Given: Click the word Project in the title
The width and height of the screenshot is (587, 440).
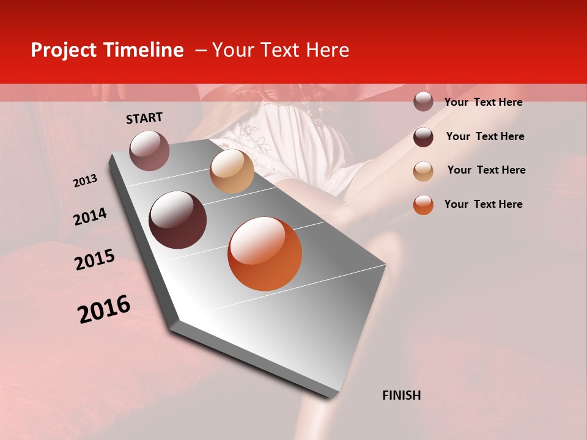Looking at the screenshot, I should [64, 50].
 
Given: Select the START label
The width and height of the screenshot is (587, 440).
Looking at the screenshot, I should [144, 118].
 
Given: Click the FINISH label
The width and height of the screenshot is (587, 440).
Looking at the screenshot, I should [402, 395].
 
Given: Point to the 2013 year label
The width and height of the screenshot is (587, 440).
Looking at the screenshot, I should [86, 181].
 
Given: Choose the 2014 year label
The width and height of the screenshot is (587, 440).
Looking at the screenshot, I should [90, 216].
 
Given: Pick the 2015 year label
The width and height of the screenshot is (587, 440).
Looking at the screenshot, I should [95, 260].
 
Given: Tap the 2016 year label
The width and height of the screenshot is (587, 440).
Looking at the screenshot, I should [104, 309].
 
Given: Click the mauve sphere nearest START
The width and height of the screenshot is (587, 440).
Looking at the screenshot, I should [149, 150].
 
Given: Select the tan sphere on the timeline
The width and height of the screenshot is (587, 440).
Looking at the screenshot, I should [232, 171].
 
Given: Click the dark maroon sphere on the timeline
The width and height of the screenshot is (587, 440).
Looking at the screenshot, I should [178, 220].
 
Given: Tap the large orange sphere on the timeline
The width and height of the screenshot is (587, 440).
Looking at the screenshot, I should [265, 254].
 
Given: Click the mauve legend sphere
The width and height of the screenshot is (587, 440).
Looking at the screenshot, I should [423, 101].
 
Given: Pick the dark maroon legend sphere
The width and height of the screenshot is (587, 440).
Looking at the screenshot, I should [423, 137].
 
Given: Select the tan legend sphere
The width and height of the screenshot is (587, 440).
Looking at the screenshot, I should [423, 171].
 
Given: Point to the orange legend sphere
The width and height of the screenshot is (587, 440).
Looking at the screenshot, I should [423, 205].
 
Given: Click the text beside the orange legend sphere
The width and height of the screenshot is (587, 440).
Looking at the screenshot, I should [484, 204].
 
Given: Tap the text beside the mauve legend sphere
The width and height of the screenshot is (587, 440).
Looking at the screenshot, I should [484, 102].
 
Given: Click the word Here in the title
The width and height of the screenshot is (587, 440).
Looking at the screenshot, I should [327, 50].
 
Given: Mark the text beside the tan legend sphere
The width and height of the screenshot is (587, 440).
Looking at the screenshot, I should [487, 170].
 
